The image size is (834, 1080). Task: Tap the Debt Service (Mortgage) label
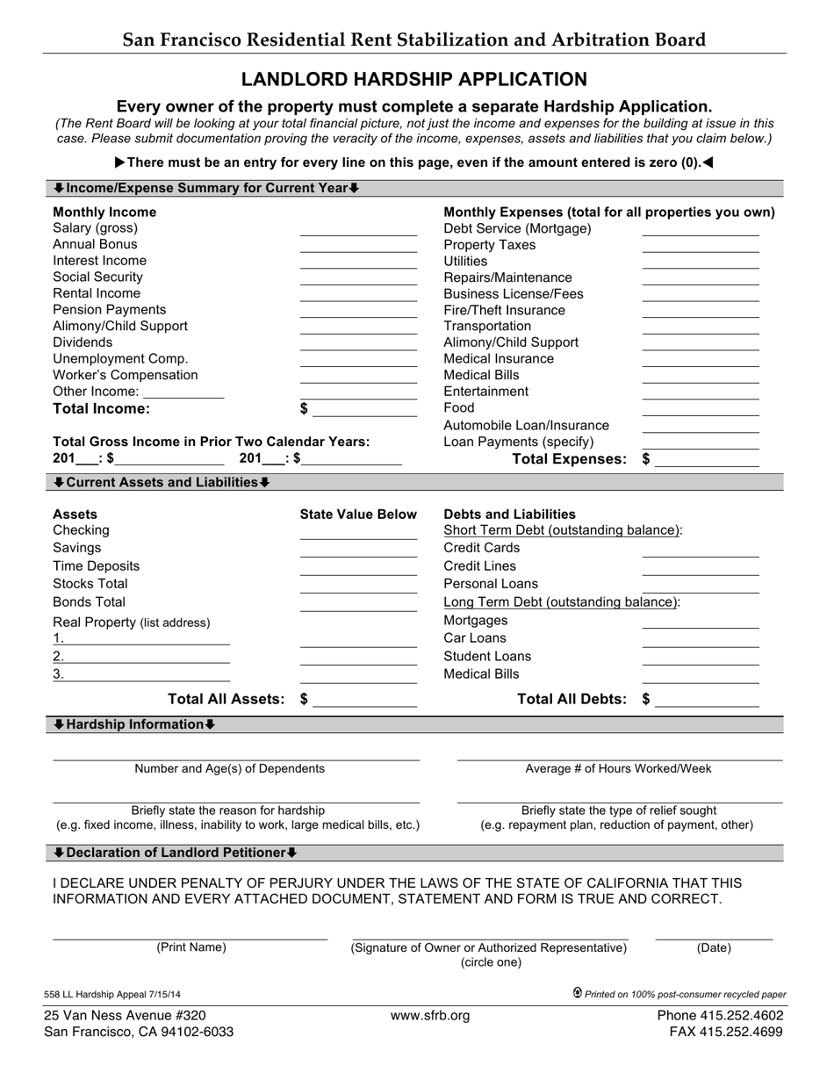point(517,228)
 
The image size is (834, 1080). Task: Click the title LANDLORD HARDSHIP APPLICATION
point(414,80)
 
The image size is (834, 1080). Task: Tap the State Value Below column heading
point(358,514)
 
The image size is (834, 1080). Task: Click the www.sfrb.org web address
point(430,1016)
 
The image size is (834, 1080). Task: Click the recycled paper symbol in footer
point(578,993)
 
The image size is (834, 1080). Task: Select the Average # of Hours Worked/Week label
point(618,768)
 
